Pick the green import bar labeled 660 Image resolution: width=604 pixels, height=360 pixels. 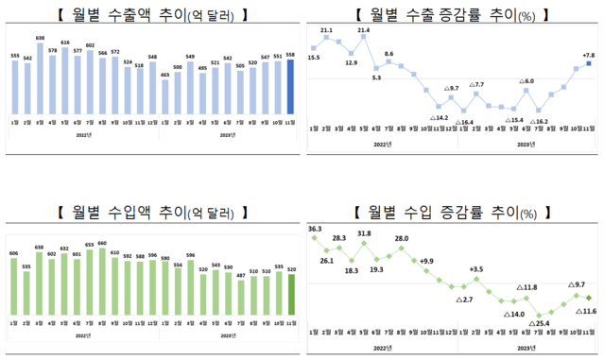[x=102, y=283]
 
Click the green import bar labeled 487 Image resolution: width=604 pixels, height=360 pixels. [x=240, y=299]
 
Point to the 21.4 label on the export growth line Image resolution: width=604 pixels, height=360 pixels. [x=364, y=31]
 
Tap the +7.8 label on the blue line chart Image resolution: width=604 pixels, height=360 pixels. [x=587, y=55]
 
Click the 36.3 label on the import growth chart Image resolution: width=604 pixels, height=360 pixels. [x=316, y=229]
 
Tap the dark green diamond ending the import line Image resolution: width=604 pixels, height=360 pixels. [x=588, y=300]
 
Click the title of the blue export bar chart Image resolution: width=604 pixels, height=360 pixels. [x=152, y=15]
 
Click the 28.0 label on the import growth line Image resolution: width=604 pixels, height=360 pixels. [x=401, y=238]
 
